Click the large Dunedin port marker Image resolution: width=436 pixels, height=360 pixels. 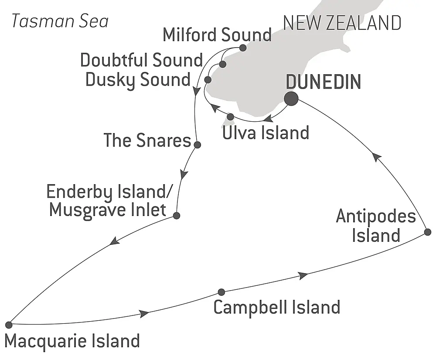tap(291, 99)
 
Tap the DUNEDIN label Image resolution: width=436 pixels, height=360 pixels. tap(323, 82)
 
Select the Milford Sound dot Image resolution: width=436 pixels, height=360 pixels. tap(243, 48)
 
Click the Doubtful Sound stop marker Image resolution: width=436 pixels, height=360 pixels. tap(223, 65)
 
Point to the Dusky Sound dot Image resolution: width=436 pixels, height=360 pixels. tap(208, 80)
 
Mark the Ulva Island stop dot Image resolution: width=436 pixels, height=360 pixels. tap(231, 117)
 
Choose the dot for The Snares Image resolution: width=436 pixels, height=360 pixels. tap(197, 145)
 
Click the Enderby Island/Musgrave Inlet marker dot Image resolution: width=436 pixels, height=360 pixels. tap(177, 215)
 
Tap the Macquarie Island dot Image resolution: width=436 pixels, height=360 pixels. tap(9, 324)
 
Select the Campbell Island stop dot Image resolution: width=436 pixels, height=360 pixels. tap(221, 292)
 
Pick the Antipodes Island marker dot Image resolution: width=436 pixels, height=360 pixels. tap(428, 232)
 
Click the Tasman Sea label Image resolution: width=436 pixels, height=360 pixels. tap(60, 21)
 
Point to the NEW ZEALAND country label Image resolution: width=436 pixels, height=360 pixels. tap(342, 23)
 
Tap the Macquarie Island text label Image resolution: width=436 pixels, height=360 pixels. tap(72, 340)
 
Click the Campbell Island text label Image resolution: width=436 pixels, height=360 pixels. tap(276, 307)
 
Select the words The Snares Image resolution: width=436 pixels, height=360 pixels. tap(147, 140)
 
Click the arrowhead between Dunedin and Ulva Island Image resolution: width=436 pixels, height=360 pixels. tap(269, 118)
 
